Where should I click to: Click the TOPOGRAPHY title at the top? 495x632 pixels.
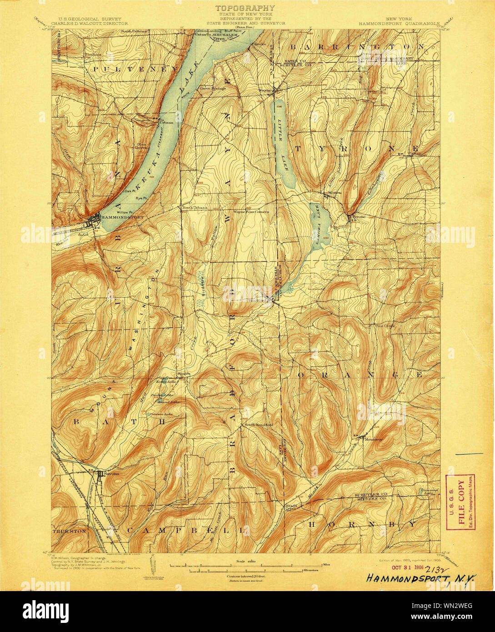(245, 8)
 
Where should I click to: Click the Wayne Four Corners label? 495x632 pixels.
(251, 211)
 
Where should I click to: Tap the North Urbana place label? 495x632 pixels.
(195, 208)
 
